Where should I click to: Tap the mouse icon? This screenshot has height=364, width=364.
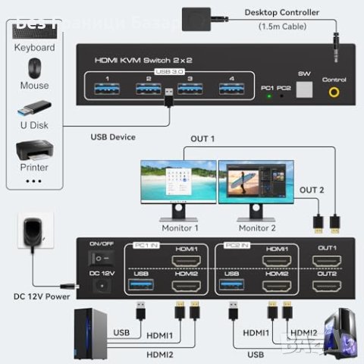click(x=33, y=67)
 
